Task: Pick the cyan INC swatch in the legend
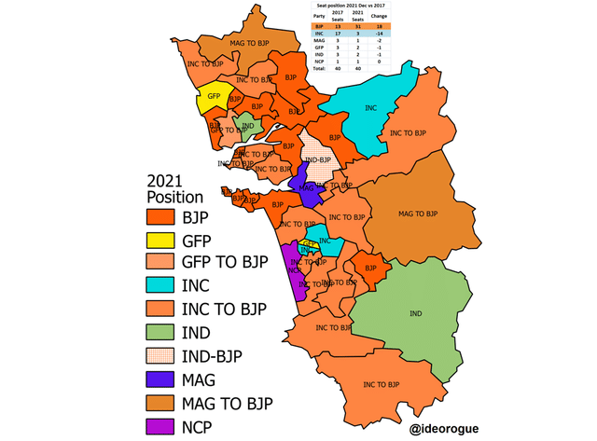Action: point(162,283)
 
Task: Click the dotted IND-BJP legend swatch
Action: point(162,355)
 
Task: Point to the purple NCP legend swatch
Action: point(162,427)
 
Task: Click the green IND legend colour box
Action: point(162,331)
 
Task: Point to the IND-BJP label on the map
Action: point(318,159)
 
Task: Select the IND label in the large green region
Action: point(416,312)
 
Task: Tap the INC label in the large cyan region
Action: point(370,109)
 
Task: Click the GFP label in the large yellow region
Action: point(214,96)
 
